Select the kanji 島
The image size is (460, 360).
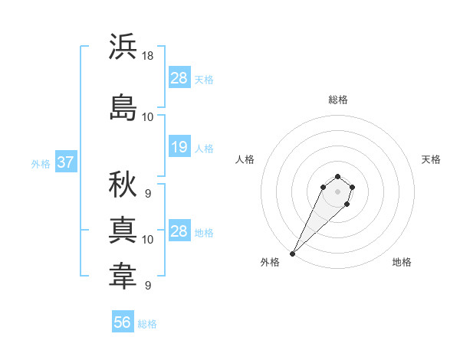click(123, 107)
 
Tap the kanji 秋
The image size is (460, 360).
click(123, 184)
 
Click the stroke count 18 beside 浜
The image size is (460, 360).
click(148, 56)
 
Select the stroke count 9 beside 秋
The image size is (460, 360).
click(147, 194)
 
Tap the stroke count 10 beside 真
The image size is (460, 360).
click(148, 240)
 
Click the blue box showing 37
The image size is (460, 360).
click(65, 162)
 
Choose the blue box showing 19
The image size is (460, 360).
click(179, 147)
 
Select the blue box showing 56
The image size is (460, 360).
click(123, 322)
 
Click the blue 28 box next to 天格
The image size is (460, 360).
click(179, 78)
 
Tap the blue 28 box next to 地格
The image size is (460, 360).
click(179, 231)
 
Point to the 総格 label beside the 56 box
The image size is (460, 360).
click(147, 324)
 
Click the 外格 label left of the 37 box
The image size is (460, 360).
click(41, 163)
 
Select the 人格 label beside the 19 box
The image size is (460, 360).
click(204, 148)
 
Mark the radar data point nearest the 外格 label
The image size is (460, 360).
click(292, 253)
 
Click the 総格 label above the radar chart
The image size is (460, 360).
click(337, 100)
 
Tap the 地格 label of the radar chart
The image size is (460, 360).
click(402, 262)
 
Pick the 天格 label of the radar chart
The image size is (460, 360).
click(431, 159)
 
